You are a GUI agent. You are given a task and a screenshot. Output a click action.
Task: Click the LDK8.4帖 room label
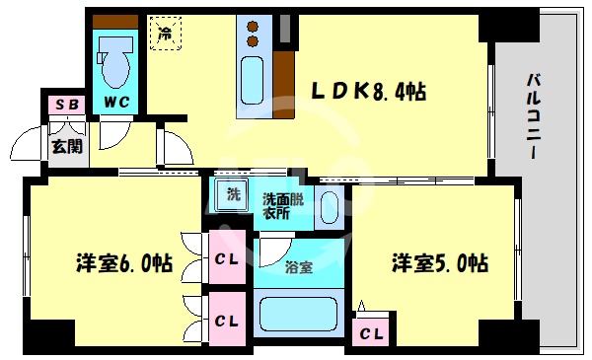point(369,92)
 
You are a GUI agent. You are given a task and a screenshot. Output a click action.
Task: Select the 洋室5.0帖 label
point(439,263)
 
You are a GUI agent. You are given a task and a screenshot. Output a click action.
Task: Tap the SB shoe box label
point(65,104)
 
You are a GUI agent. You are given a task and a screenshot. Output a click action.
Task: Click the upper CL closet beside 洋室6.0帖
point(226,260)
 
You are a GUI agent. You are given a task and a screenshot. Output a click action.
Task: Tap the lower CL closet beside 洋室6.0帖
point(226,320)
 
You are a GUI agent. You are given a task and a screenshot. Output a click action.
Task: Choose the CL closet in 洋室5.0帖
point(372,333)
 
